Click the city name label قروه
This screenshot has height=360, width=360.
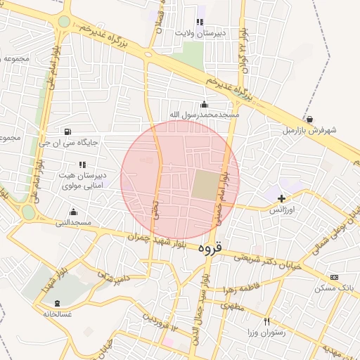click(209, 247)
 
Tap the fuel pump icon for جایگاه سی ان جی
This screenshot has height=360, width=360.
click(67, 131)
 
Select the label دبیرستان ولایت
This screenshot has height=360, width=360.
click(200, 33)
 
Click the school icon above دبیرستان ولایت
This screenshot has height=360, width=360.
click(200, 22)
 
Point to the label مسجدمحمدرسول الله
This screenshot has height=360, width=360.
click(204, 114)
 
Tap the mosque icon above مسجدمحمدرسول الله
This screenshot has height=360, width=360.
click(204, 104)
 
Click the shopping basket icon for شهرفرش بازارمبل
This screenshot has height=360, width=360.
click(310, 120)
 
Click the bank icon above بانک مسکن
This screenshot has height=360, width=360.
click(333, 277)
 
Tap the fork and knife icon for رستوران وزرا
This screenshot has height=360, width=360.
click(266, 321)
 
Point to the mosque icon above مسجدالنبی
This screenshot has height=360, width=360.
click(73, 212)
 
